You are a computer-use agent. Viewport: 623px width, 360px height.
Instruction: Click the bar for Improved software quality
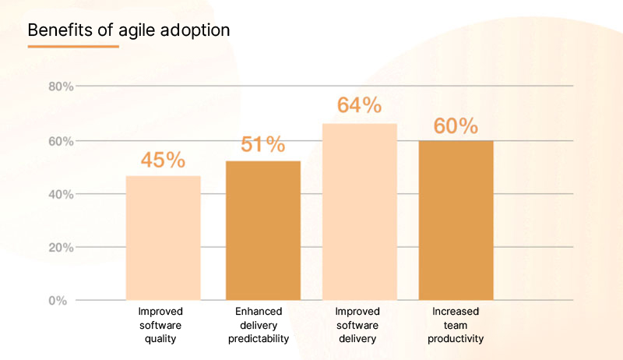tap(163, 238)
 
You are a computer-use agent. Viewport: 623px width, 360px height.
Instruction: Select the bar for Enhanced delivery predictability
tap(262, 230)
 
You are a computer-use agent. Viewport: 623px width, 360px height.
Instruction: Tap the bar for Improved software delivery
tap(359, 211)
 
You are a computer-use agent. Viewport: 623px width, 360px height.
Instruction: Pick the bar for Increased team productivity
tap(456, 220)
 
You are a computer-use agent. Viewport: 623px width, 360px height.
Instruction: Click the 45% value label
tap(163, 161)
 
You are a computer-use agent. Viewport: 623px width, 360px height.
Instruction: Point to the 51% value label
tap(262, 145)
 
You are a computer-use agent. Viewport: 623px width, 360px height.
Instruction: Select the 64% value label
tap(359, 105)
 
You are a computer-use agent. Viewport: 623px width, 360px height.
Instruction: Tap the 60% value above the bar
tap(456, 126)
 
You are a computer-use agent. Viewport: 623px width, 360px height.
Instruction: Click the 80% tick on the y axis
tap(61, 86)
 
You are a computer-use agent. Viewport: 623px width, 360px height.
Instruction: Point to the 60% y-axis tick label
tap(61, 141)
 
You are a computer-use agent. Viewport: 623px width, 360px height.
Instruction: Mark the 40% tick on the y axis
tap(61, 194)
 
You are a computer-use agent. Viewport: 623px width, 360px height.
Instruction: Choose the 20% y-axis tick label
tap(61, 248)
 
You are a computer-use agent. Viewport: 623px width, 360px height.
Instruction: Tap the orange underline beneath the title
tap(73, 47)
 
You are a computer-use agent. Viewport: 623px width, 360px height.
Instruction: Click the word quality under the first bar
tap(163, 339)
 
